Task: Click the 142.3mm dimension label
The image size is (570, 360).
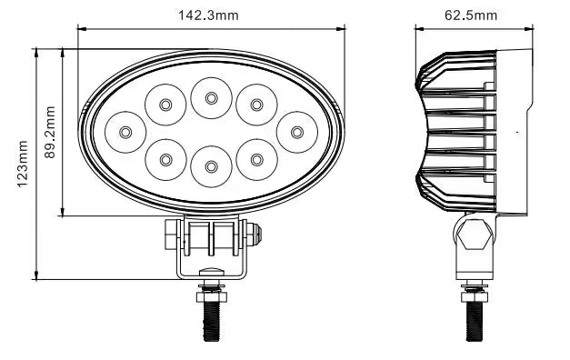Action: point(208,15)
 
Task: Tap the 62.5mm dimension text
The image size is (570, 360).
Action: point(471,15)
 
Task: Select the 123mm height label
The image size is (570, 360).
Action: point(23,164)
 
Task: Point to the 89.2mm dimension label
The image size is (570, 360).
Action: point(50,132)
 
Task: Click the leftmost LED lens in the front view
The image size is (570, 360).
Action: point(125,132)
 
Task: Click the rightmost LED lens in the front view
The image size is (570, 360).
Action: point(297,132)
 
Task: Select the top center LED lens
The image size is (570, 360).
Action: point(211,98)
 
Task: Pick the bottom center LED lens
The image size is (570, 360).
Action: point(211,166)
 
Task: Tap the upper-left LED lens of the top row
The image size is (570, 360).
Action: point(165,105)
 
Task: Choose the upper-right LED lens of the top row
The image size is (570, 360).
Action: point(256,105)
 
